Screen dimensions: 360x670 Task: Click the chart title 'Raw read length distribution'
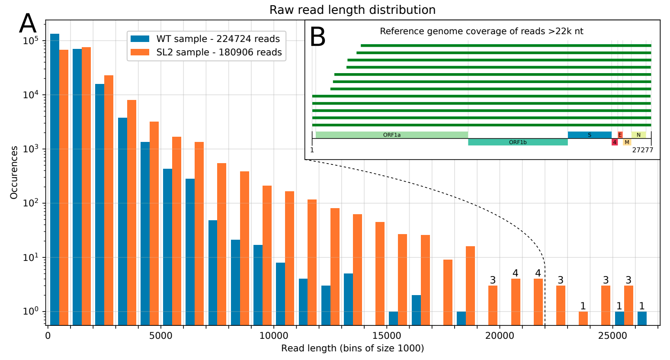pyautogui.click(x=352, y=10)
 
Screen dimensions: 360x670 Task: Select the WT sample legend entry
pyautogui.click(x=205, y=39)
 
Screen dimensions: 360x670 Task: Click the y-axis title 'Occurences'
pyautogui.click(x=14, y=172)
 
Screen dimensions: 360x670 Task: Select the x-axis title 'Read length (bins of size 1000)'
pyautogui.click(x=352, y=348)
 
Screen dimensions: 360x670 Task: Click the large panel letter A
pyautogui.click(x=28, y=24)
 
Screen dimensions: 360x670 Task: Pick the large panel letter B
pyautogui.click(x=318, y=38)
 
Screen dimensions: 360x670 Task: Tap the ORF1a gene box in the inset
pyautogui.click(x=392, y=135)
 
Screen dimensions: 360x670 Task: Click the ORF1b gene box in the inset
pyautogui.click(x=518, y=142)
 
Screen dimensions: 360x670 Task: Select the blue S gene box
pyautogui.click(x=589, y=135)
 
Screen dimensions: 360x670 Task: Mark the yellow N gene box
pyautogui.click(x=638, y=135)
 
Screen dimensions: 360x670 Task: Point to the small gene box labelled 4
pyautogui.click(x=615, y=142)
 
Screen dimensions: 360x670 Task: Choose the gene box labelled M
pyautogui.click(x=627, y=142)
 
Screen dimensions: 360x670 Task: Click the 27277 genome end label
pyautogui.click(x=643, y=150)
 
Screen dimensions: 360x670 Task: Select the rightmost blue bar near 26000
pyautogui.click(x=642, y=318)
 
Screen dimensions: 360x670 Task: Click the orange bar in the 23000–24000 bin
pyautogui.click(x=583, y=318)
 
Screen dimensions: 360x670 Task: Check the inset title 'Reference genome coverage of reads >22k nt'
pyautogui.click(x=481, y=31)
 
